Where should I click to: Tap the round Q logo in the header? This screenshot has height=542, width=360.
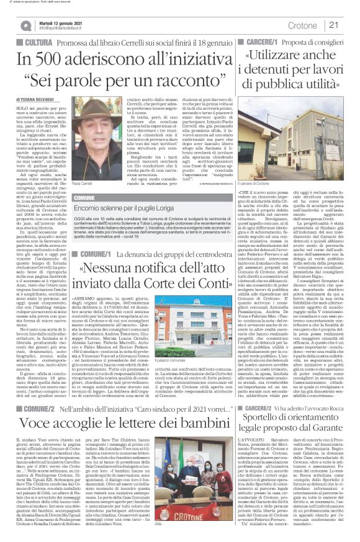(x=26, y=25)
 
